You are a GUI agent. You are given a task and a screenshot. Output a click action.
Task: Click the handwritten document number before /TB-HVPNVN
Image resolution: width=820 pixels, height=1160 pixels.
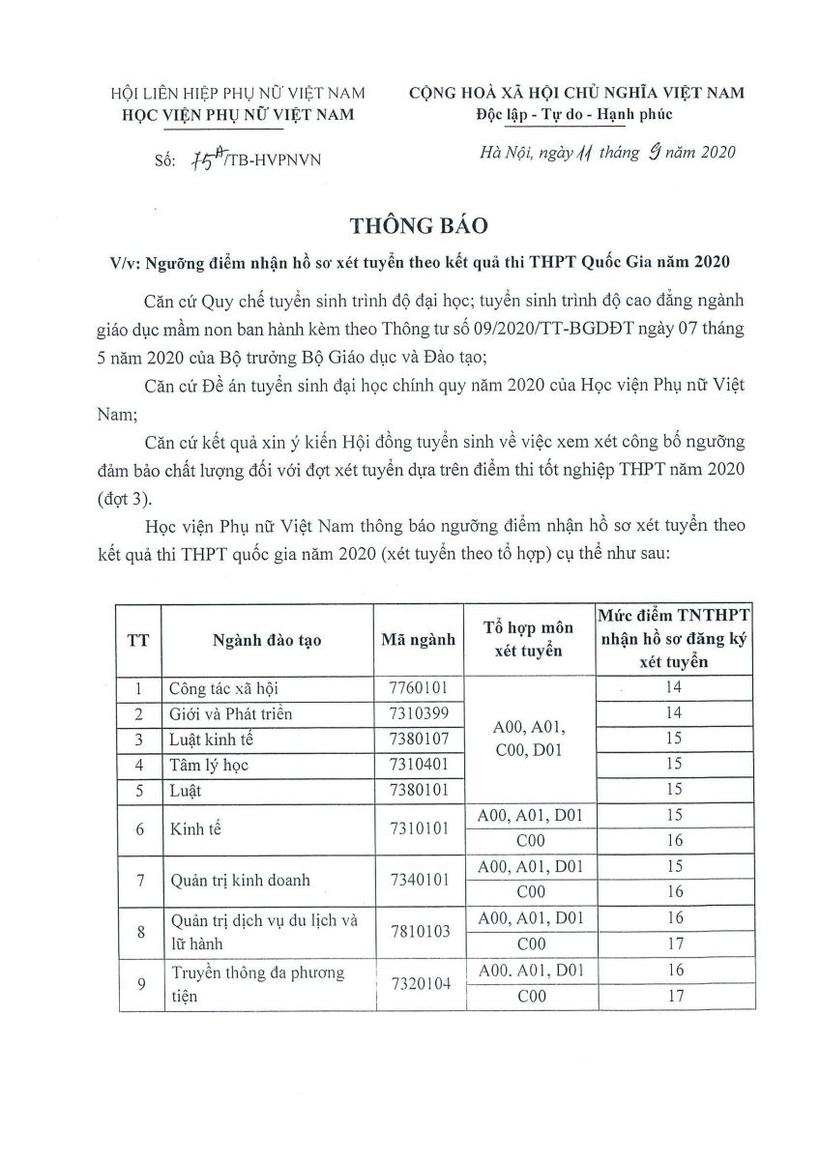205,159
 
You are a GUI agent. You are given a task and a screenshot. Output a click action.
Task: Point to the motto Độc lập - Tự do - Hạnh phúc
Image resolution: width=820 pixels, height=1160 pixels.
574,115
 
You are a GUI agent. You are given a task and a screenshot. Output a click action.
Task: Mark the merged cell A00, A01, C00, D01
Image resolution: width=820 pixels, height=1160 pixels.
521,739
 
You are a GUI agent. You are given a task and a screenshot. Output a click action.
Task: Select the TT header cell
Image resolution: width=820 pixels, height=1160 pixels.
138,640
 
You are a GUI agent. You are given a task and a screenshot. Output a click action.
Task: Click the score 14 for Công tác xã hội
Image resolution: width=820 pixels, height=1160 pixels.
674,687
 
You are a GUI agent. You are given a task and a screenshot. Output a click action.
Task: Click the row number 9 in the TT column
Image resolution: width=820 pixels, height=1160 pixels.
139,983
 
